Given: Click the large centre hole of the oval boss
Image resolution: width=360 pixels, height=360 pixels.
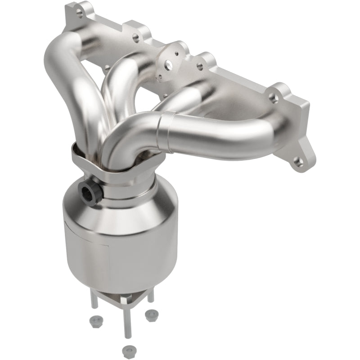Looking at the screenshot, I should coord(169,65).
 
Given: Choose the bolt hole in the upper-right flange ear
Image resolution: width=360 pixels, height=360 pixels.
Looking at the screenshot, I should coord(273,96).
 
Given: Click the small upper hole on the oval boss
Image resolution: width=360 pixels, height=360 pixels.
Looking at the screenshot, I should coord(176,54).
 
